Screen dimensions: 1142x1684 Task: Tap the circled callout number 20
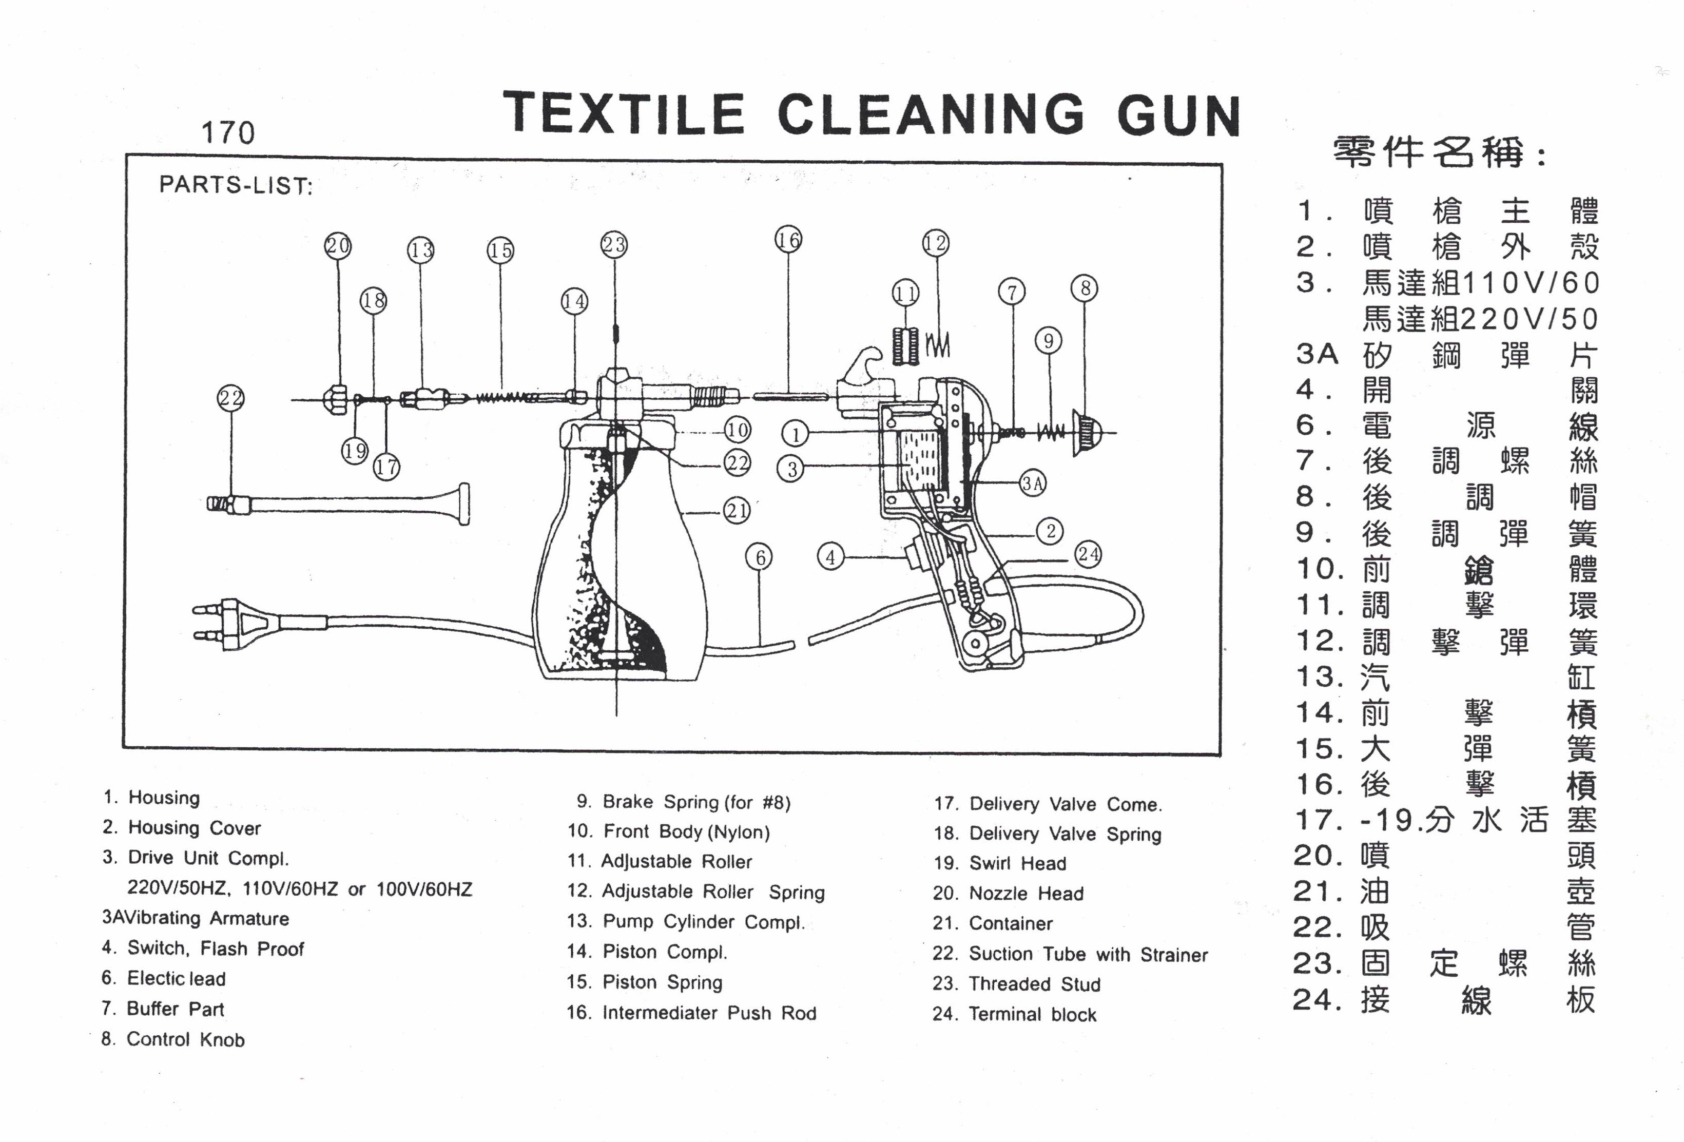(x=338, y=246)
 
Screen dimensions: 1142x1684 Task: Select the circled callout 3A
(x=1033, y=483)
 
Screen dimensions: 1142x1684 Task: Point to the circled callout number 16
(x=788, y=239)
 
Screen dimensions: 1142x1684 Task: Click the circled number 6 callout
(x=760, y=557)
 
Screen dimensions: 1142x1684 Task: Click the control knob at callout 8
(x=1087, y=433)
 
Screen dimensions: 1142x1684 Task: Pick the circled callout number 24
(x=1089, y=554)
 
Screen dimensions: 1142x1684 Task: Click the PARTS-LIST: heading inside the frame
(x=236, y=185)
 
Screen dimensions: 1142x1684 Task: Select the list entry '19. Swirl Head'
(x=1000, y=863)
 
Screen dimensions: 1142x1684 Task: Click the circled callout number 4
(x=830, y=557)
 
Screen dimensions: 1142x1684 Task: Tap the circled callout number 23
(x=614, y=245)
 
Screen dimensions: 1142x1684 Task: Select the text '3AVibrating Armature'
(x=196, y=918)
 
